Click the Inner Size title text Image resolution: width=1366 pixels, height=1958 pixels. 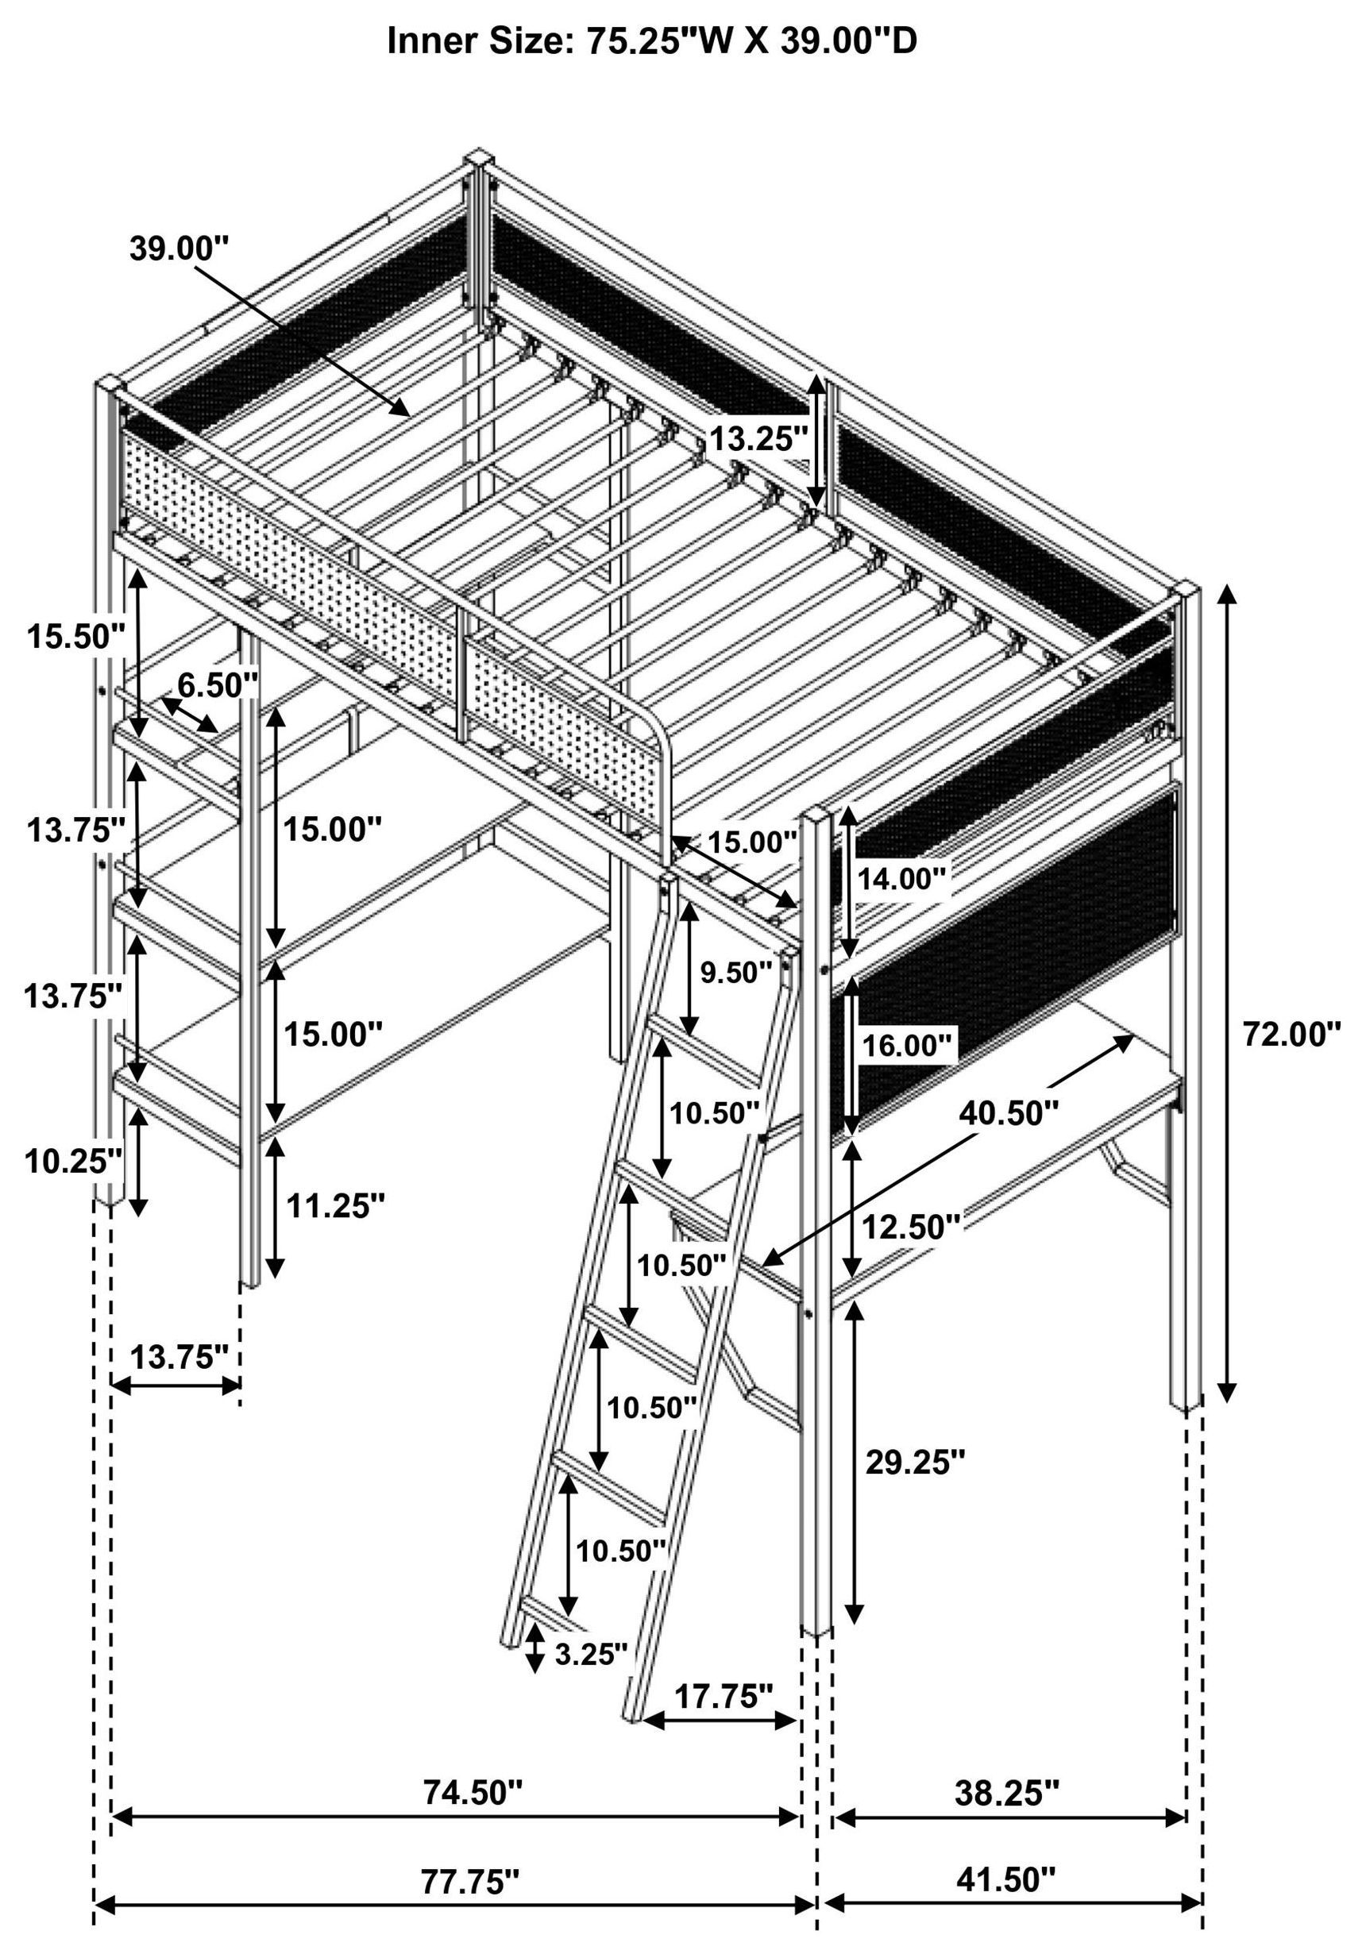point(652,40)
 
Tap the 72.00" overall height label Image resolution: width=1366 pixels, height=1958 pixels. point(1291,1035)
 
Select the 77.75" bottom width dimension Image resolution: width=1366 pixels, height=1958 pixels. point(469,1856)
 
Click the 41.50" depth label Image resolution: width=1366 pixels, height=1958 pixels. point(1006,1855)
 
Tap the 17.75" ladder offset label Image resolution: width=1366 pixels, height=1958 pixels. point(724,1697)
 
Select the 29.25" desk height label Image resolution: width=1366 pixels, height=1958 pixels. point(915,1463)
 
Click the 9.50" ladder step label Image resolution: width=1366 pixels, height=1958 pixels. point(735,971)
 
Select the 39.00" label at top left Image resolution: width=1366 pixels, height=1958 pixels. point(179,249)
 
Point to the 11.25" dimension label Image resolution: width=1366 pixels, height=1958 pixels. point(335,1205)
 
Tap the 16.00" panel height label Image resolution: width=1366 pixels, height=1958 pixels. point(906,1046)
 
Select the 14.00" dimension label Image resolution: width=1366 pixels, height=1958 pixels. point(903,878)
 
